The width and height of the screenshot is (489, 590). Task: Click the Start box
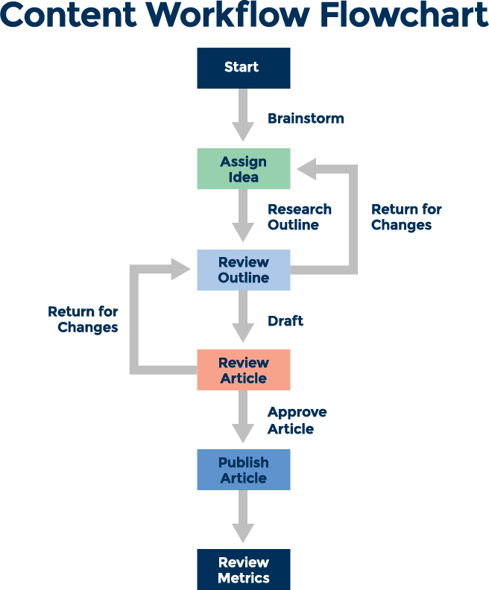point(243,68)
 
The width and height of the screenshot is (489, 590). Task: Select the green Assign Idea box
point(243,169)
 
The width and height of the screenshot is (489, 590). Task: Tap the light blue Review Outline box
point(243,270)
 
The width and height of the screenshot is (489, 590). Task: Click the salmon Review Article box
point(243,370)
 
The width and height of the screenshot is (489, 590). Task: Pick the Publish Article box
point(243,470)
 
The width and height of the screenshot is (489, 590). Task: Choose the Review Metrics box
point(243,570)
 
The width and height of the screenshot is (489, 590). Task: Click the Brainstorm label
point(306,118)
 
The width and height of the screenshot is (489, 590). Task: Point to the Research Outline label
point(300,217)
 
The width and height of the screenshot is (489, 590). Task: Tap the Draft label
point(285,321)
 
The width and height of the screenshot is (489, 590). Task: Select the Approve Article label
point(297,420)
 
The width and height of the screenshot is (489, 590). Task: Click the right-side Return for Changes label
point(406,217)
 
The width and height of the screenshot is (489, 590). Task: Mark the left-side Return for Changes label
point(83,319)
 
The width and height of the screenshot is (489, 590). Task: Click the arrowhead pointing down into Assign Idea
point(243,132)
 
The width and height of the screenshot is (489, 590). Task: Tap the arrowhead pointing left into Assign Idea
point(307,169)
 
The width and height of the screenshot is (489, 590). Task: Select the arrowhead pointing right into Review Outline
point(181,269)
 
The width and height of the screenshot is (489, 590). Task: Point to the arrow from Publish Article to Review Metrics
point(243,517)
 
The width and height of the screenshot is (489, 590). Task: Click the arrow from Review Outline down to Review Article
point(243,317)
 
